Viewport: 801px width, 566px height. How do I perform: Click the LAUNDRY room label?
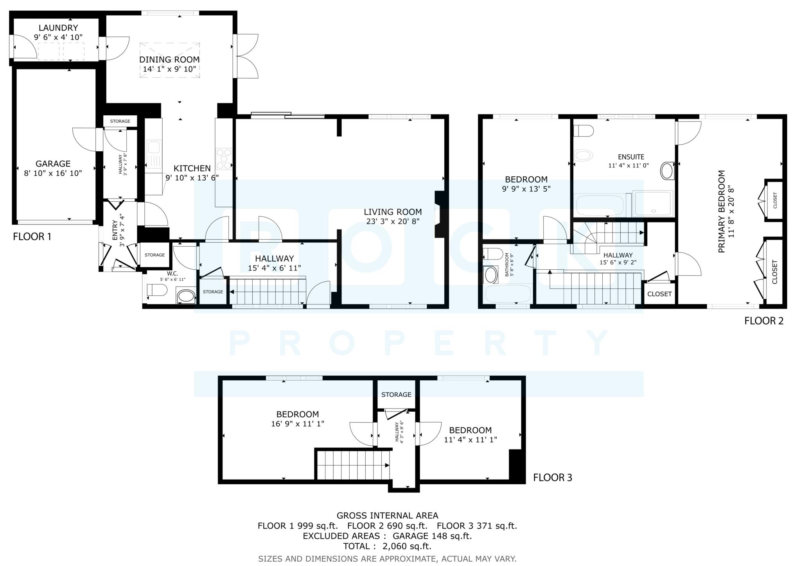coord(58,28)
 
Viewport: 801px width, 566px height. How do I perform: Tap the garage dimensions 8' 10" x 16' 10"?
coord(53,173)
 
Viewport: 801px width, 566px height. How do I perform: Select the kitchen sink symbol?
coord(154,148)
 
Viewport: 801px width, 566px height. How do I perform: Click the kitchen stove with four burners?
coord(224,158)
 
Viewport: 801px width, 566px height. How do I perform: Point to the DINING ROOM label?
coord(169,60)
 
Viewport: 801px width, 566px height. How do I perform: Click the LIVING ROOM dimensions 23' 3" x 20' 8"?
coord(393,222)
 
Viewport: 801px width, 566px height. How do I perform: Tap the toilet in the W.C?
coord(156,290)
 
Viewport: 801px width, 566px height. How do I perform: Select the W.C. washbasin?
coord(186,296)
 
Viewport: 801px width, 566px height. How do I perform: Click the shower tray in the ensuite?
coord(653,204)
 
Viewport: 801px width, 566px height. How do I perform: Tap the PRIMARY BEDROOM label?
coord(722,211)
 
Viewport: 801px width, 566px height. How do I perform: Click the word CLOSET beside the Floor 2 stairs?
coord(659,294)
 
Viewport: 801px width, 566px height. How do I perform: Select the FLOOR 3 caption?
coord(553,478)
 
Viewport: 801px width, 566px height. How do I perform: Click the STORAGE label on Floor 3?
coord(396,395)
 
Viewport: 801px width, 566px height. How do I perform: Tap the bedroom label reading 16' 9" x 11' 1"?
coord(298,423)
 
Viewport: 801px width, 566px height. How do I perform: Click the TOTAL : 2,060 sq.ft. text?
coord(387,546)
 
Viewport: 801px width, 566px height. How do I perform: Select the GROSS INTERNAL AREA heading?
coord(387,516)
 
